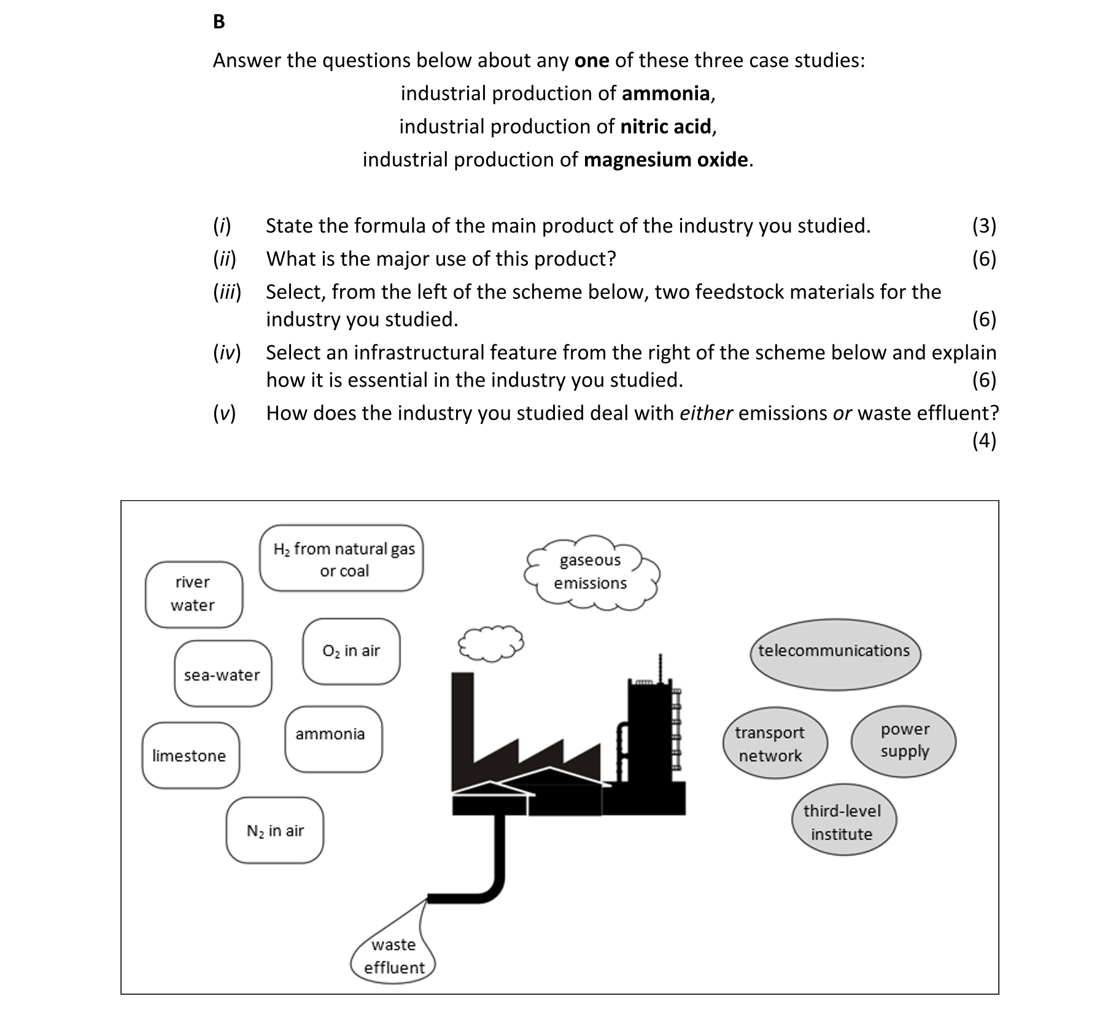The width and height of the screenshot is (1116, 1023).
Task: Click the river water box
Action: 193,594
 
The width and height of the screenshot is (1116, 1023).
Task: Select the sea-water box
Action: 222,674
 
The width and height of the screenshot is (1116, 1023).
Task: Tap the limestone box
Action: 190,755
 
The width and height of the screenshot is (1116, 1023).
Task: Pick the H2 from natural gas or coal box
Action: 341,558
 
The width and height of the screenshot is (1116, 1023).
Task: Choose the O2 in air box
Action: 351,651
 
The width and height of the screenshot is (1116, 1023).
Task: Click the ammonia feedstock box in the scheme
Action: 333,739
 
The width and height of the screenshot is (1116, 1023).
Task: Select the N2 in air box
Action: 274,830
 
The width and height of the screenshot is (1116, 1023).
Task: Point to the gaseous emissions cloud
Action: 591,572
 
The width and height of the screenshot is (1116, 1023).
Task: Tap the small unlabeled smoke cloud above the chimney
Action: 490,643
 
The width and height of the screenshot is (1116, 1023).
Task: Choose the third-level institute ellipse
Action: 843,821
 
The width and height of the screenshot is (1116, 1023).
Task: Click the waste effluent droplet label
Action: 393,955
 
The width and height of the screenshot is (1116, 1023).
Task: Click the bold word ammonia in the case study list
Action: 665,93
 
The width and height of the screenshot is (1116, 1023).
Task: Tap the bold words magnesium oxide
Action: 665,160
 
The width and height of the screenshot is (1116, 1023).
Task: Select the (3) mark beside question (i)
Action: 983,226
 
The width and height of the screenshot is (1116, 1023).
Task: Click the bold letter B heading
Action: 219,22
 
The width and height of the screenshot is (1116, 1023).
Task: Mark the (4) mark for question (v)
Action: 983,441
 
